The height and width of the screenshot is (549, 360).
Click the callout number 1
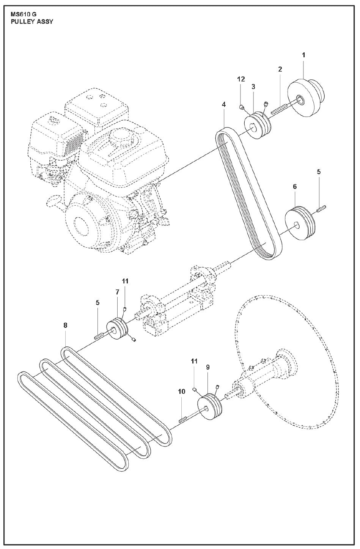[x=303, y=55]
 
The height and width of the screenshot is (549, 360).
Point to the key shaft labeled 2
[x=280, y=109]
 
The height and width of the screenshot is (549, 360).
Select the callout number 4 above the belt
[x=224, y=104]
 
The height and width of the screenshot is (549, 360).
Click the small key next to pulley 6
[x=321, y=207]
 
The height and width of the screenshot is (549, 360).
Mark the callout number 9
[x=208, y=367]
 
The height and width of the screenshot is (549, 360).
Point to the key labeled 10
[x=183, y=419]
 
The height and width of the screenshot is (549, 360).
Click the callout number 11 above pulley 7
[x=126, y=281]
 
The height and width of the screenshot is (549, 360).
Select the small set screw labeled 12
[x=242, y=107]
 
